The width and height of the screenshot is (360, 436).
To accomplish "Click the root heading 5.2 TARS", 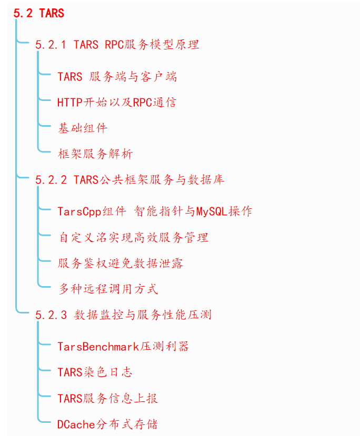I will click(x=38, y=13).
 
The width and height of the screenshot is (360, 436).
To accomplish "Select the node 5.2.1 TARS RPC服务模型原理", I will click(x=117, y=45).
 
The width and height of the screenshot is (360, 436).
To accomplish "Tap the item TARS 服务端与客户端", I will click(x=117, y=77).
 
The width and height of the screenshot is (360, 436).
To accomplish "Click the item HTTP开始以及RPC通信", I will click(x=116, y=102).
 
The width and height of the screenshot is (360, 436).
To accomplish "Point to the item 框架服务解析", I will click(x=95, y=154).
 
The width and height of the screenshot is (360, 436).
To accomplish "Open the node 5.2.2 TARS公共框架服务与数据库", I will click(x=129, y=180).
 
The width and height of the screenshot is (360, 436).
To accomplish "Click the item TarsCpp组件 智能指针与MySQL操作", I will click(x=155, y=211).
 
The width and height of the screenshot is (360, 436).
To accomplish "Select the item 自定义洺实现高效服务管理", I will click(x=133, y=237).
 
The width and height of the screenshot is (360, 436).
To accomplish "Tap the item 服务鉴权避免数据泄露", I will click(x=121, y=263).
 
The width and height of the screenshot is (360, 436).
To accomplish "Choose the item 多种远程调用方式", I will click(x=108, y=289).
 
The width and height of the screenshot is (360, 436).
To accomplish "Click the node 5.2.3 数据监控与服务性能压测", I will click(x=123, y=315).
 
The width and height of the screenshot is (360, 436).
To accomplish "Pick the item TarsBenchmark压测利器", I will click(x=123, y=346).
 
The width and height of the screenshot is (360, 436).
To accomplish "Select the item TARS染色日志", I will click(x=95, y=372).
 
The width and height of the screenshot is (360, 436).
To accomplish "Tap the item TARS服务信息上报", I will click(x=107, y=398).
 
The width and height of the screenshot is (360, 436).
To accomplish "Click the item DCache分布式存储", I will click(x=107, y=424).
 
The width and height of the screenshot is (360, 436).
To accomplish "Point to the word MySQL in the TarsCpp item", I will click(x=212, y=211).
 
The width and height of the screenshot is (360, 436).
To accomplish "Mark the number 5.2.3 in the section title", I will click(x=51, y=315).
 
